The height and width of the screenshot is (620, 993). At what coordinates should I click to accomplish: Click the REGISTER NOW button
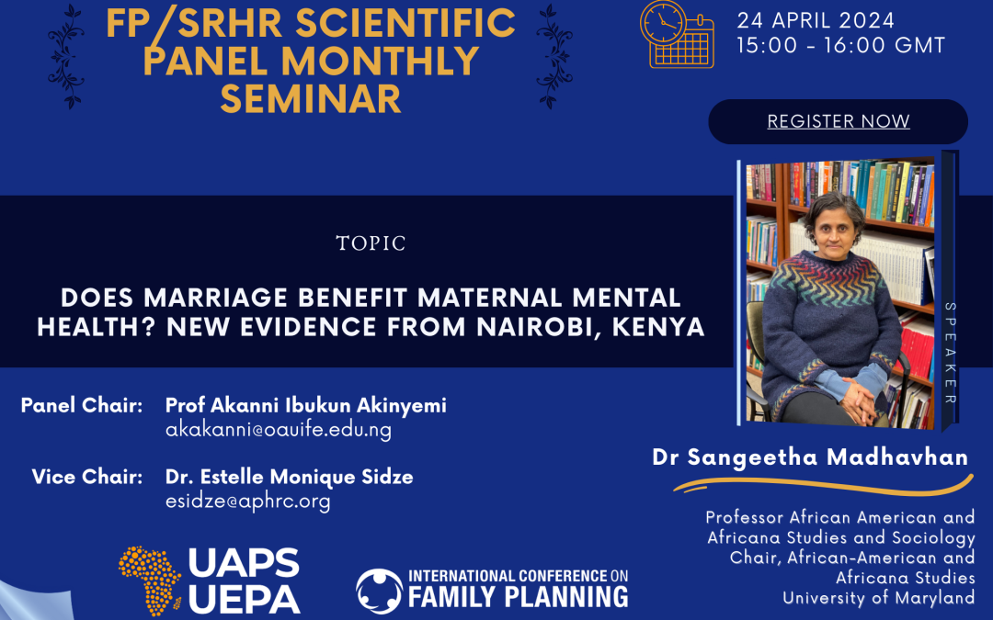point(838,121)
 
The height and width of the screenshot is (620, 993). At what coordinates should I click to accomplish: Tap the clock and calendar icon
point(677,34)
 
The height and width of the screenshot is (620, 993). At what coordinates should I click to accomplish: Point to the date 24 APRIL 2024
point(816,20)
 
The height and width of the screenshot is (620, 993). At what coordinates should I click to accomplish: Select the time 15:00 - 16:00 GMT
point(840,46)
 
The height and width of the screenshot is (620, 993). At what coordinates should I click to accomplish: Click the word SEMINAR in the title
point(311,99)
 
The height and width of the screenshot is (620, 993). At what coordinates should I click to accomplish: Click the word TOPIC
point(371,243)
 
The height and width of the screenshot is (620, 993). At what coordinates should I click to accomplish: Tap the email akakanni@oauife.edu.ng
point(279,430)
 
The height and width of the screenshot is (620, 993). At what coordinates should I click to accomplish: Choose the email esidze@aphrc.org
point(247,502)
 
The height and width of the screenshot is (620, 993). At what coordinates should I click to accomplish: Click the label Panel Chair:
point(82,406)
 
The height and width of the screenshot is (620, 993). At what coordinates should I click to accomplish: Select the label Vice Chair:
point(87,477)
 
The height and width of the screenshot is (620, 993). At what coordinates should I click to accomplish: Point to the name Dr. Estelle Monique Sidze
point(290,477)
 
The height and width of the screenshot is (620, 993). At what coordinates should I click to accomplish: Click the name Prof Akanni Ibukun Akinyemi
point(306,406)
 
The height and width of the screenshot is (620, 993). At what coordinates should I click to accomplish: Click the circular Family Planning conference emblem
point(380,592)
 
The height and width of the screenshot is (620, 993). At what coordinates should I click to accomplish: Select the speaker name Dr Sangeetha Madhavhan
point(810,457)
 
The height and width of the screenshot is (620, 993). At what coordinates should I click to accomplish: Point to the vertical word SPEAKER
point(950,353)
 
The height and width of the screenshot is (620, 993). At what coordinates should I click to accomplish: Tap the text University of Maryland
point(878,598)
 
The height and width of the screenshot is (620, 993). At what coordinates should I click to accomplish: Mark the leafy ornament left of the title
point(66,56)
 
